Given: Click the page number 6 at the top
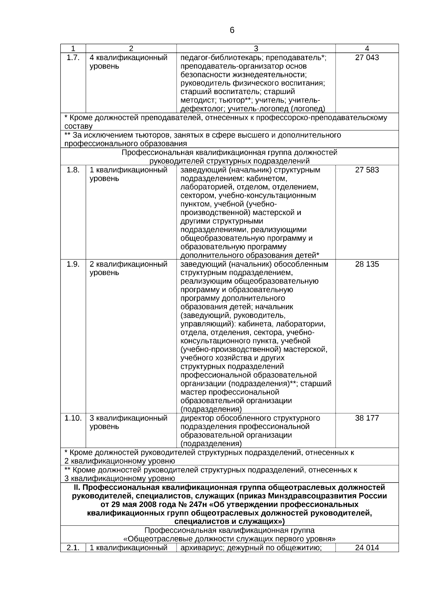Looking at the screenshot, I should (232, 30).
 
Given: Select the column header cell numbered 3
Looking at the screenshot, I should (256, 49).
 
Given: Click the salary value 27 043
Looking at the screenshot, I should (367, 58).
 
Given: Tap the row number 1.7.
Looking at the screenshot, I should (73, 58).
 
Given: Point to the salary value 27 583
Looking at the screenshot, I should (367, 170).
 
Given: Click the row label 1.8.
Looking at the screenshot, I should (73, 170).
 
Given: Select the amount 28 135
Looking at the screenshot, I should (367, 264).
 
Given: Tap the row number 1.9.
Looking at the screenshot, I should (73, 264).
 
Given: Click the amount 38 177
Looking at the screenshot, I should (367, 418).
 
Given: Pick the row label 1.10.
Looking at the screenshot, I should (73, 418).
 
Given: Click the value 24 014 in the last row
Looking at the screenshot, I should (367, 548).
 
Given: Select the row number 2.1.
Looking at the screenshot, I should (73, 548).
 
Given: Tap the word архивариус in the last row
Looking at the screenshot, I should (201, 548).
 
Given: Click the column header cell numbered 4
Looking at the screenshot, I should (367, 49).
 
